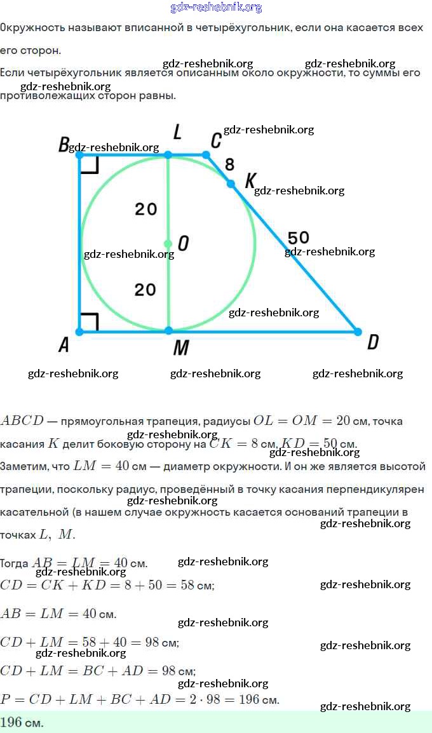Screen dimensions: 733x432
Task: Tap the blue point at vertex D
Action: (x=358, y=332)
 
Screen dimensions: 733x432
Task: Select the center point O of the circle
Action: (x=168, y=243)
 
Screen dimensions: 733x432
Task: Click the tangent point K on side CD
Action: (x=231, y=184)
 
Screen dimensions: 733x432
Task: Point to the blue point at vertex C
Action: (x=206, y=154)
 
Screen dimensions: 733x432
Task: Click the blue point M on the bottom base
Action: (x=168, y=331)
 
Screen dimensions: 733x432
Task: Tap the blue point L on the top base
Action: (x=168, y=154)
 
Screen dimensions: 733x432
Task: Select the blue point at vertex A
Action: (x=79, y=332)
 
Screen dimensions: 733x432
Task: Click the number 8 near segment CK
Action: (x=229, y=165)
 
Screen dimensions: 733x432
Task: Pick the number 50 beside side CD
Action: (x=299, y=238)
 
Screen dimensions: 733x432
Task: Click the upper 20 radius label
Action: (x=145, y=209)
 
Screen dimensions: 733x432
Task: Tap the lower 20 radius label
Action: (x=145, y=290)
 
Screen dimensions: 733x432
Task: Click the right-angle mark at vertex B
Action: (x=90, y=165)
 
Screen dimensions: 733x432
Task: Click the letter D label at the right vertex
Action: (x=373, y=342)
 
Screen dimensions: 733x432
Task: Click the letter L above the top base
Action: (x=177, y=132)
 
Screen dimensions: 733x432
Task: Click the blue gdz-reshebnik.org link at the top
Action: (x=216, y=8)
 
